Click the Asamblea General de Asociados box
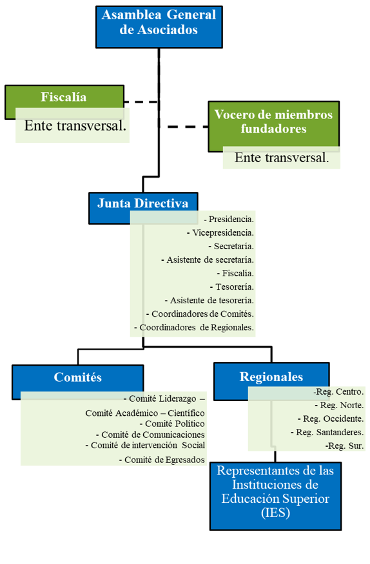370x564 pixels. coord(159,27)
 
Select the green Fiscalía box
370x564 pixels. coord(64,102)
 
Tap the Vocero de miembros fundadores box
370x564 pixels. coord(274,126)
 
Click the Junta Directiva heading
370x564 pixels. coord(143,203)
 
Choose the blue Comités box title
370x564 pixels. coord(78,377)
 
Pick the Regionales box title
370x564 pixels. coord(271,377)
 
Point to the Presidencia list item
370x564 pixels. coord(229,219)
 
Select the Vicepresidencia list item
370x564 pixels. coord(220,232)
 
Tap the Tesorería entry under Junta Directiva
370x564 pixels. coord(232,287)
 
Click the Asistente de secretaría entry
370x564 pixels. coord(208,259)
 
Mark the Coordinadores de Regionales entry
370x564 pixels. coord(194,327)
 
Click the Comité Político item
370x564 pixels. coord(172,424)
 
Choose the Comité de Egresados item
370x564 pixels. coord(162,460)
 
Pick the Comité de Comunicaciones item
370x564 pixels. coord(150,435)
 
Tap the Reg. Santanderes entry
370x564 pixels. coord(327,432)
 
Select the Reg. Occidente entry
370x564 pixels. coord(331,418)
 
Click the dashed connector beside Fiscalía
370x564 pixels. coord(141,102)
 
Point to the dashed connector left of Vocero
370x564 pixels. coord(188,127)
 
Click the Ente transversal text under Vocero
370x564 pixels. coord(282,158)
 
